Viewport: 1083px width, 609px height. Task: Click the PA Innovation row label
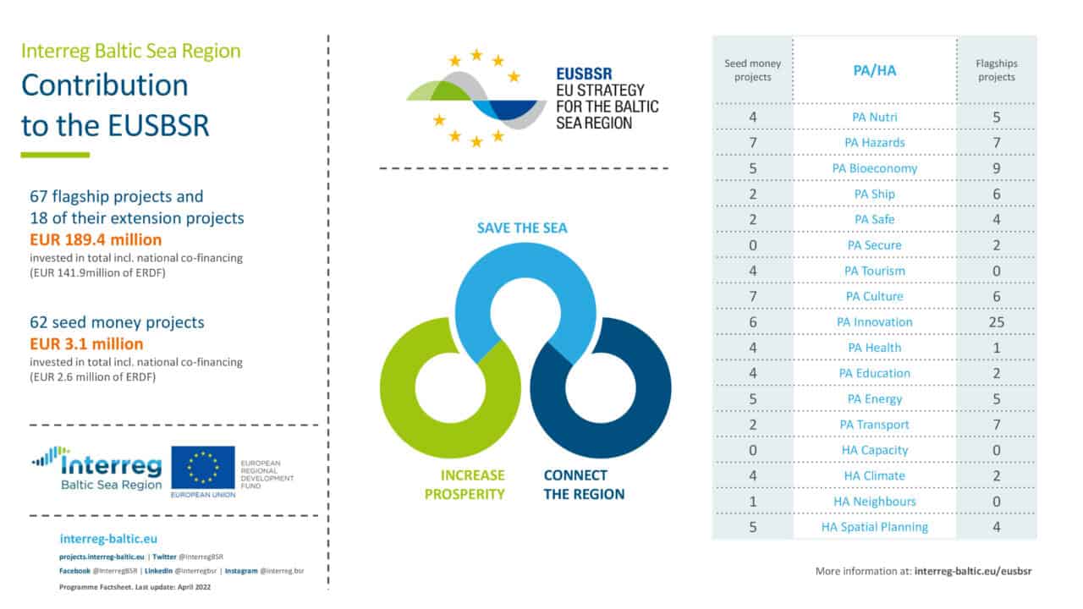[874, 321]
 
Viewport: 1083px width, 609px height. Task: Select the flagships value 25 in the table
[996, 321]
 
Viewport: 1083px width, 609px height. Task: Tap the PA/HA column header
[874, 70]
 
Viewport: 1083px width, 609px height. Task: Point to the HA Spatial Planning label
[874, 527]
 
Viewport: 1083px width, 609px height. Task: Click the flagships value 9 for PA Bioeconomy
[996, 167]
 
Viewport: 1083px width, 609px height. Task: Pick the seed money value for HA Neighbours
[752, 502]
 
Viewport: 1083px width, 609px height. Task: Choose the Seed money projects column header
[752, 70]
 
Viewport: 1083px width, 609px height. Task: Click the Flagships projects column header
[996, 70]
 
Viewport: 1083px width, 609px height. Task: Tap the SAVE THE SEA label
[522, 228]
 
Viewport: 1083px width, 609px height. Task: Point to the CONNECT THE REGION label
[583, 485]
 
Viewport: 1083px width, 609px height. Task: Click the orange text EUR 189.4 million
[95, 240]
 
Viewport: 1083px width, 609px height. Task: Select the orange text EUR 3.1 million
[85, 344]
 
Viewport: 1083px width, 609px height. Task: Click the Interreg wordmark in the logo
[111, 464]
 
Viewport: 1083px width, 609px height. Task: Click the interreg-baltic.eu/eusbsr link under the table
[973, 571]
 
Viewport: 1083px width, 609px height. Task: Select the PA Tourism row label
[874, 271]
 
